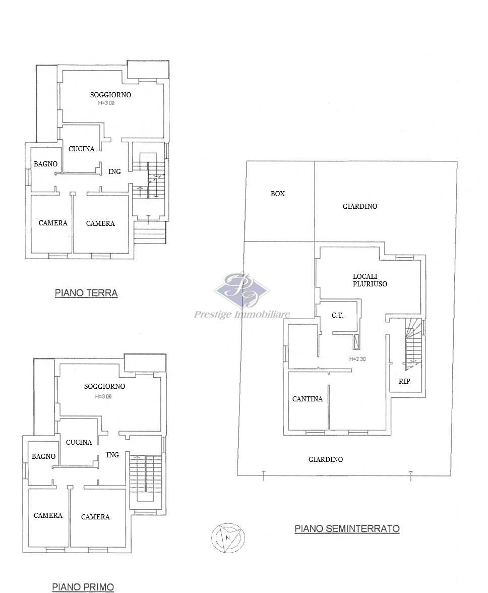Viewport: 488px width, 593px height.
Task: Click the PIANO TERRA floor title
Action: pyautogui.click(x=86, y=292)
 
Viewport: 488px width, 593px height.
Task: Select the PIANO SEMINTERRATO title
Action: pyautogui.click(x=347, y=528)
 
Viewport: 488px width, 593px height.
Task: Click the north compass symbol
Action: pyautogui.click(x=228, y=538)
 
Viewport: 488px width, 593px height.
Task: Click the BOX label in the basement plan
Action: pyautogui.click(x=277, y=194)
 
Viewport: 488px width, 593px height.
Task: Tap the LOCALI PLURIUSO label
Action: pyautogui.click(x=370, y=280)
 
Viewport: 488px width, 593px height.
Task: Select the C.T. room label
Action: pyautogui.click(x=338, y=315)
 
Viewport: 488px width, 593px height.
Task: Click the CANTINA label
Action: pyautogui.click(x=308, y=398)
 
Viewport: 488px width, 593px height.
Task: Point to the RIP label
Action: pyautogui.click(x=404, y=381)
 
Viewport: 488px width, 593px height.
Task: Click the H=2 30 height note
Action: pyautogui.click(x=357, y=359)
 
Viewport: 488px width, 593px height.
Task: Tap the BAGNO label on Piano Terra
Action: pyautogui.click(x=46, y=164)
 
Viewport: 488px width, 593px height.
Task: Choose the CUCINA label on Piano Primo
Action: pyautogui.click(x=79, y=442)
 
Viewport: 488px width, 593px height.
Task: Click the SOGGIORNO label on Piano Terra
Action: pyautogui.click(x=110, y=95)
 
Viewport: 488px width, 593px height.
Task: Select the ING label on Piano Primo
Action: pyautogui.click(x=112, y=455)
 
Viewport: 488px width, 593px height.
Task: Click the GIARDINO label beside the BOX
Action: pyautogui.click(x=360, y=206)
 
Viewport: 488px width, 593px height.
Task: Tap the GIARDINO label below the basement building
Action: pyautogui.click(x=326, y=459)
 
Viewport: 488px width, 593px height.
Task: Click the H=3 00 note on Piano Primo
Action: pyautogui.click(x=103, y=396)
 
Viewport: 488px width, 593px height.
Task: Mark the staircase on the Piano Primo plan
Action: pyautogui.click(x=145, y=479)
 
